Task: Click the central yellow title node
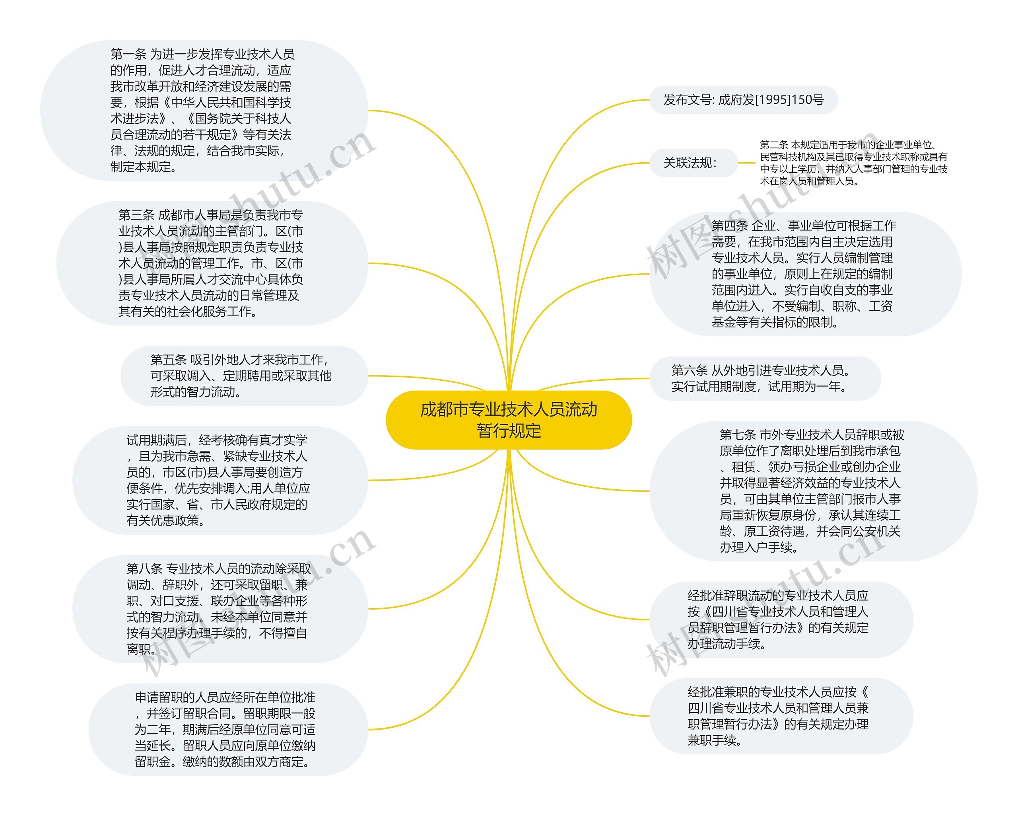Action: (509, 420)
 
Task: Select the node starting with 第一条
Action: (203, 111)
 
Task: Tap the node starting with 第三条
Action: (211, 263)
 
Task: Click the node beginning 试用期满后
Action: (219, 480)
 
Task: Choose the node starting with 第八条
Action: (219, 609)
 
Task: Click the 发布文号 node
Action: (743, 100)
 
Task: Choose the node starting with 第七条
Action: (812, 491)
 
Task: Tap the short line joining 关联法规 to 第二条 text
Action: (746, 163)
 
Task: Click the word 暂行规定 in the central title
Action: (509, 431)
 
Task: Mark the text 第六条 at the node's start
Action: (690, 370)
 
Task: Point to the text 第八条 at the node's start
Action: (144, 569)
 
